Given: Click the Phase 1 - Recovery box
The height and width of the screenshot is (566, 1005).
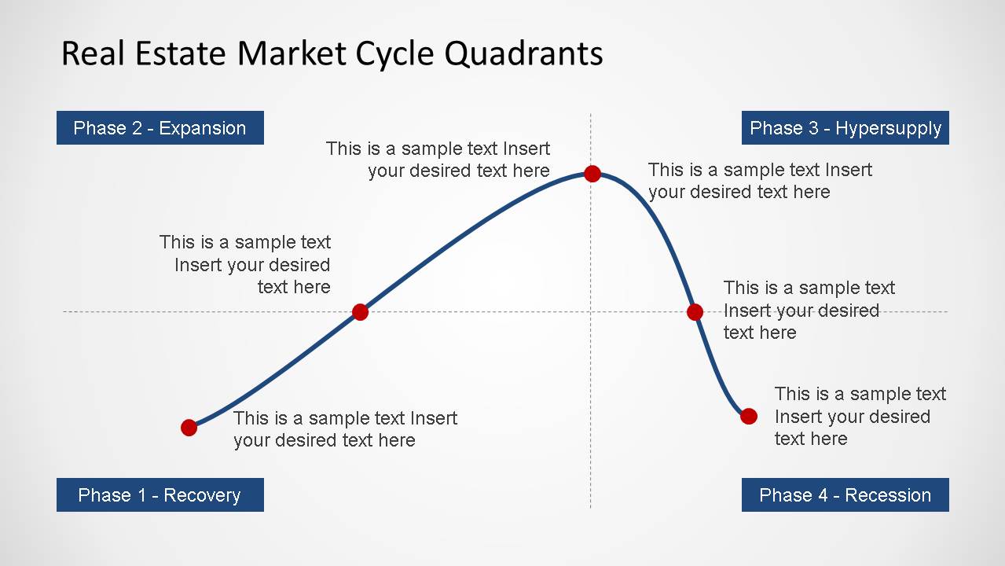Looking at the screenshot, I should coord(160,495).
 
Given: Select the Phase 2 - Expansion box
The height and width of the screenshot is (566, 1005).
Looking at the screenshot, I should coord(160,128).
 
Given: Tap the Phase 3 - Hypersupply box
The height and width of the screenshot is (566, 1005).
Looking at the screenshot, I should coord(845,128).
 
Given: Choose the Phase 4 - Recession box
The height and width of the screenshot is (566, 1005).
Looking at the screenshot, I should coord(845,495).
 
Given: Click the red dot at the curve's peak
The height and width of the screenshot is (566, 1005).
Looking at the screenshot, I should coord(592,174).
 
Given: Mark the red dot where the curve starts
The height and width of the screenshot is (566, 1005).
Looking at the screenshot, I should coord(189,428).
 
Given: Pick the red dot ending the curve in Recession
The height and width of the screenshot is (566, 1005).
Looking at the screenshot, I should coord(749,416).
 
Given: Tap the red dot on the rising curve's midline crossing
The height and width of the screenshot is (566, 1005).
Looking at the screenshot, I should coord(360,312).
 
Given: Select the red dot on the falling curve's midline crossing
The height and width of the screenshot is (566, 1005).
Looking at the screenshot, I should coord(695,312).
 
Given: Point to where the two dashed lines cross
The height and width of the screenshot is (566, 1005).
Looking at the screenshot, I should coord(591,312).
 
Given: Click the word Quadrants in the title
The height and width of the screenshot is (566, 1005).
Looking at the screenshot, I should coord(523,54).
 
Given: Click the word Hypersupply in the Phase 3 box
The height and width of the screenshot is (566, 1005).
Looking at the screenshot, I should coord(888,128).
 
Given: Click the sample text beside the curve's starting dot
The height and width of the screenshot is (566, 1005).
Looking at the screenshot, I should coord(344,429).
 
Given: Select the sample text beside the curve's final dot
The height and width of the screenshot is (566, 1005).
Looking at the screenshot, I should coord(860,416).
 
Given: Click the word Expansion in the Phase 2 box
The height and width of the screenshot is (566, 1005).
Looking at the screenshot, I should coord(202,128).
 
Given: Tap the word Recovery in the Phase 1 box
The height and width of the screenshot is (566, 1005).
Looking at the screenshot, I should coord(202,495).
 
